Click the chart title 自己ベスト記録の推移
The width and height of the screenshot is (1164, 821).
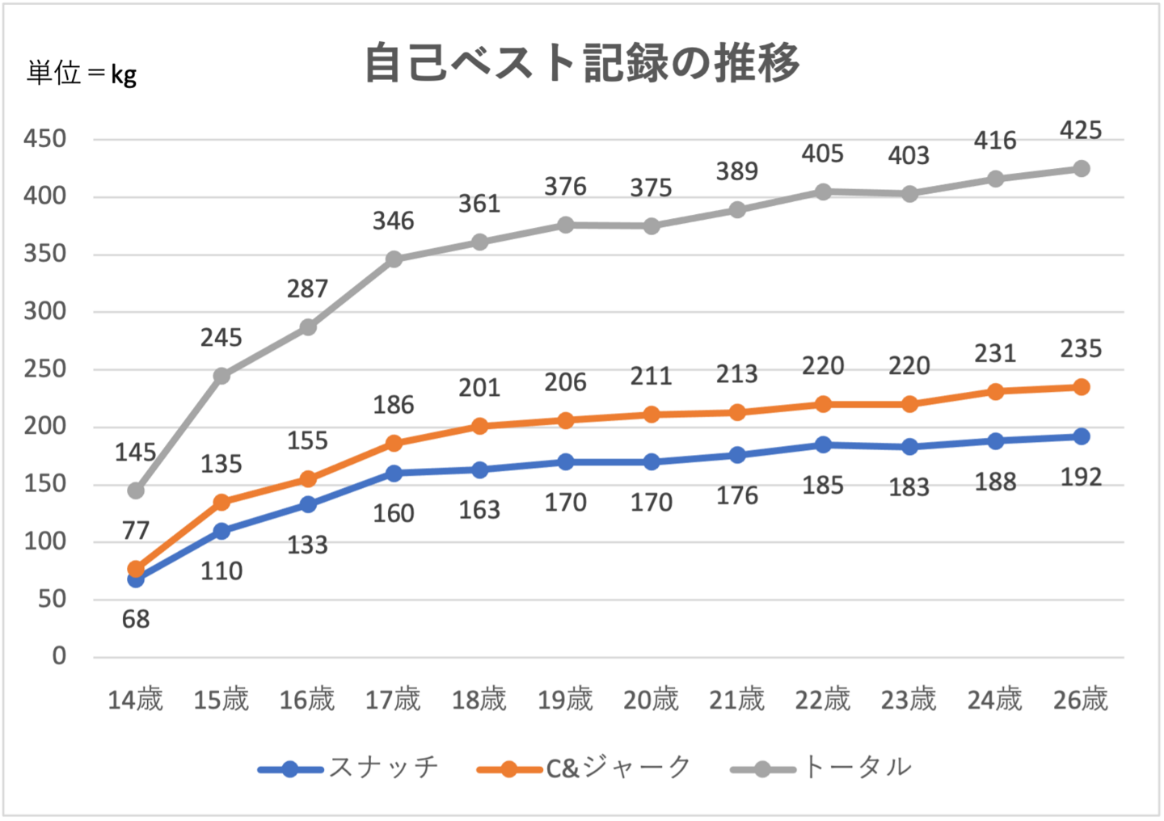click(582, 63)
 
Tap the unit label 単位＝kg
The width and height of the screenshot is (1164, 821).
click(82, 74)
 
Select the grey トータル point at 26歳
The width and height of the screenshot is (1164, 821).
click(1081, 169)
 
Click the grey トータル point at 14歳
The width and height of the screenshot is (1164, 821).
click(136, 490)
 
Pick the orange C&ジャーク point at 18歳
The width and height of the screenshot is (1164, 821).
click(479, 426)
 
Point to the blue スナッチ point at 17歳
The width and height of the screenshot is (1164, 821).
click(394, 474)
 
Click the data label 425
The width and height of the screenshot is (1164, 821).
click(1081, 130)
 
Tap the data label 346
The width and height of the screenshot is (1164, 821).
click(393, 221)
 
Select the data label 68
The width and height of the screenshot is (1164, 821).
click(136, 619)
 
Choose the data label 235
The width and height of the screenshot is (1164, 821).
click(1081, 348)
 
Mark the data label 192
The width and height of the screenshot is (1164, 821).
click(1081, 477)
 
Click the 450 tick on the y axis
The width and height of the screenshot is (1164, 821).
click(45, 139)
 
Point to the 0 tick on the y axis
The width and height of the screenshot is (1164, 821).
click(59, 655)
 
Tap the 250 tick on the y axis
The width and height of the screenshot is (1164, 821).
click(45, 369)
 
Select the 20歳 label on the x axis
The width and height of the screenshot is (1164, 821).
click(651, 699)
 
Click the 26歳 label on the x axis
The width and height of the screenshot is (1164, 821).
click(1081, 699)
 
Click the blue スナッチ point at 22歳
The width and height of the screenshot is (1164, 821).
click(823, 444)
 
